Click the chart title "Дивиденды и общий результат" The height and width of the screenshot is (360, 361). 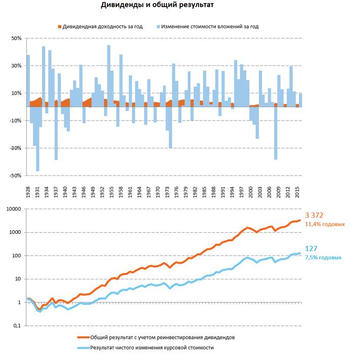pyautogui.click(x=157, y=5)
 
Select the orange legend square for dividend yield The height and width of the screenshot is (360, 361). pyautogui.click(x=59, y=27)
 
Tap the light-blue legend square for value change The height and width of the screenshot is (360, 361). pyautogui.click(x=158, y=27)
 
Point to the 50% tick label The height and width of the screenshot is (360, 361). pyautogui.click(x=16, y=39)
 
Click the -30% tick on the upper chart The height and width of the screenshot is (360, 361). pyautogui.click(x=16, y=148)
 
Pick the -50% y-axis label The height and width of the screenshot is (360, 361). pyautogui.click(x=16, y=175)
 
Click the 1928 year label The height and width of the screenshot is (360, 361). pyautogui.click(x=28, y=192)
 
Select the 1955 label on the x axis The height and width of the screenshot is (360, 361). pyautogui.click(x=111, y=192)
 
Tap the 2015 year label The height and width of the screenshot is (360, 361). pyautogui.click(x=297, y=192)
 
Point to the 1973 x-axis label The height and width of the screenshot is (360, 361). pyautogui.click(x=167, y=192)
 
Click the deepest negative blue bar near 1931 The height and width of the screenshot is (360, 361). pyautogui.click(x=38, y=139)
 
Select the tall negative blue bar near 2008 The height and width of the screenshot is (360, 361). pyautogui.click(x=276, y=133)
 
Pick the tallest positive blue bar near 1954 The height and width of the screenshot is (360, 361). pyautogui.click(x=109, y=76)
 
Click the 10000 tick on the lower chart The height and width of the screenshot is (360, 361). pyautogui.click(x=14, y=209)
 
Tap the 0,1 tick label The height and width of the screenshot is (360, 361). pyautogui.click(x=17, y=326)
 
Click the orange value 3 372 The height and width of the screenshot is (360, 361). pyautogui.click(x=314, y=215)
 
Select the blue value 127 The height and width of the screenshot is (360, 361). pyautogui.click(x=311, y=248)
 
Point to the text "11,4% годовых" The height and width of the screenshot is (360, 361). pyautogui.click(x=325, y=224)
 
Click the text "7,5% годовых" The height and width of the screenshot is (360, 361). pyautogui.click(x=323, y=258)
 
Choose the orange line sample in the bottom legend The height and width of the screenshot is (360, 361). pyautogui.click(x=83, y=338)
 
